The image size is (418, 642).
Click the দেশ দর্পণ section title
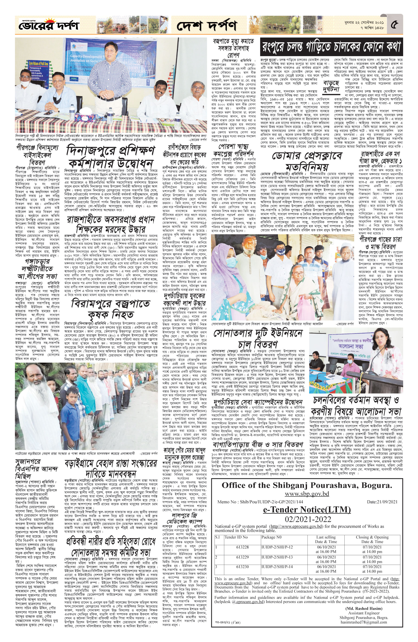point(207,26)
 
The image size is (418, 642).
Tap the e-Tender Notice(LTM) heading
point(307,510)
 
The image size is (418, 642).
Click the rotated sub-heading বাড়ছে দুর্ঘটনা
point(331,86)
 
